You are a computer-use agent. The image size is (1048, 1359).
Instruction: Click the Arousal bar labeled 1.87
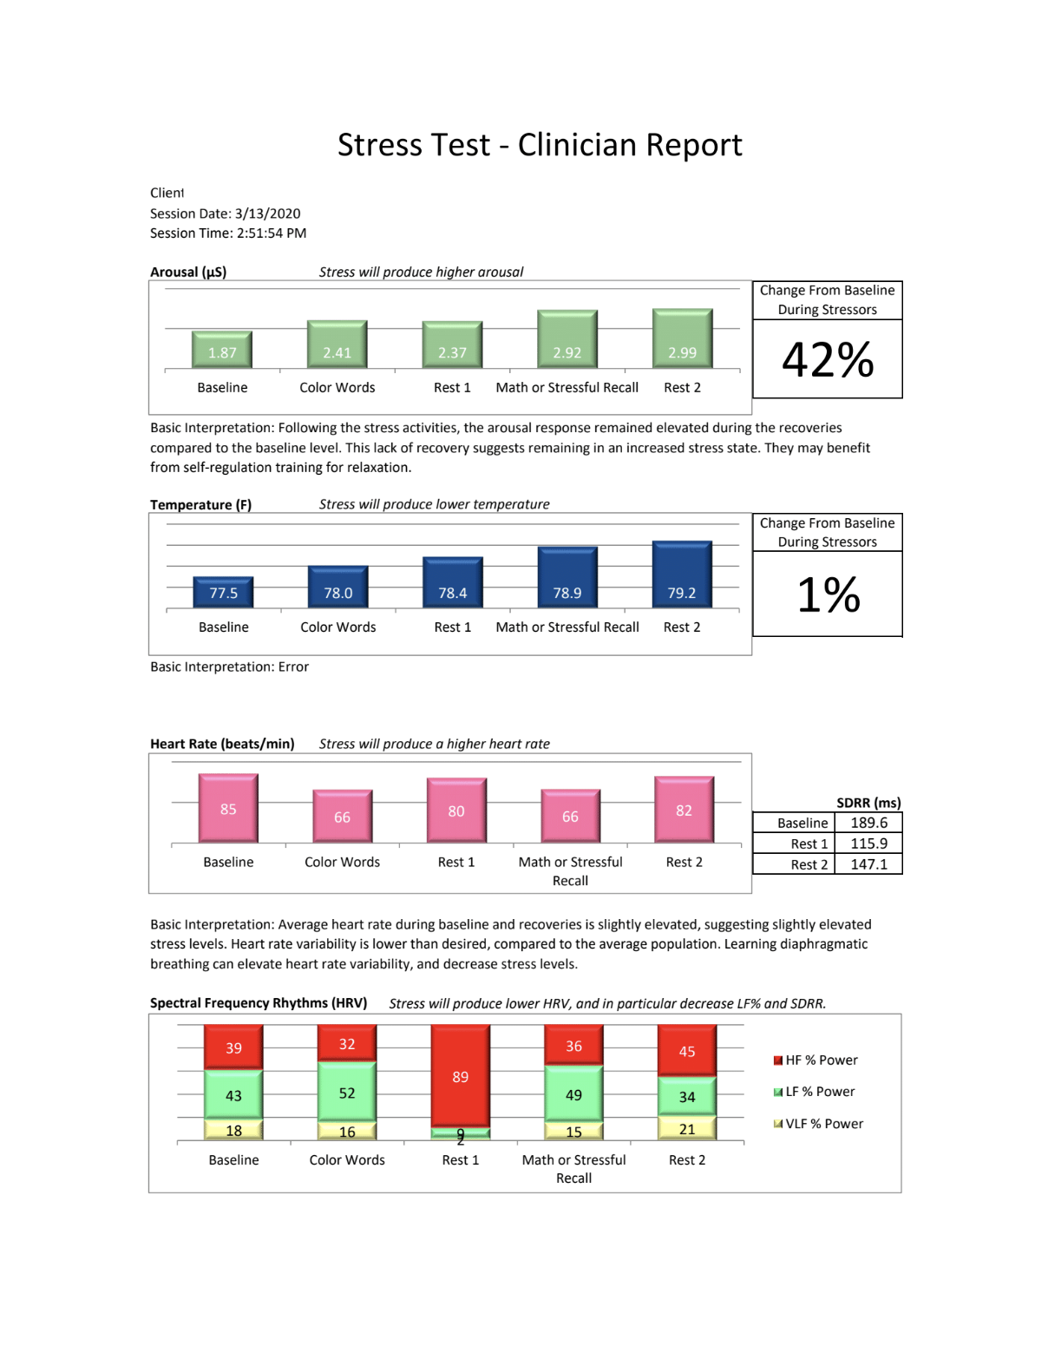click(222, 350)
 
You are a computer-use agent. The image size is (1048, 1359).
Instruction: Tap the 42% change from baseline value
click(828, 359)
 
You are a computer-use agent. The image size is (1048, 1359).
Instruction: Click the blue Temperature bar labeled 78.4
click(452, 582)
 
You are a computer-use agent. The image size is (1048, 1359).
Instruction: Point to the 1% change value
click(828, 594)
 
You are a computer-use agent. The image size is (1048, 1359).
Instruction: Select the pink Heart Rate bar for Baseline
click(228, 808)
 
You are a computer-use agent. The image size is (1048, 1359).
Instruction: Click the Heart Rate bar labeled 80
click(456, 810)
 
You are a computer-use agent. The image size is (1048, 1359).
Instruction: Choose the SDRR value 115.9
click(868, 844)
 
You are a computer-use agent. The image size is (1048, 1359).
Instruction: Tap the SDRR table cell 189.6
click(868, 823)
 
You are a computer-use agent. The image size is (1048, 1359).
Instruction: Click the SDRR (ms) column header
click(868, 803)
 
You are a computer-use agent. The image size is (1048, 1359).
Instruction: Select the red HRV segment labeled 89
click(461, 1076)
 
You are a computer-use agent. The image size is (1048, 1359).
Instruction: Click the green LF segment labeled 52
click(347, 1093)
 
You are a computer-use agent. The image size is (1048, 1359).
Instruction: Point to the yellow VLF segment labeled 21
click(687, 1129)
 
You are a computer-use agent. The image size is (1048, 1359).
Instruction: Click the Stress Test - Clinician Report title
click(540, 145)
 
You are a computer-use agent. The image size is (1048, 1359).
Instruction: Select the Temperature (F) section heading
click(200, 505)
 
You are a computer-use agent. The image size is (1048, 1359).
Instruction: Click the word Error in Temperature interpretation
click(293, 667)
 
